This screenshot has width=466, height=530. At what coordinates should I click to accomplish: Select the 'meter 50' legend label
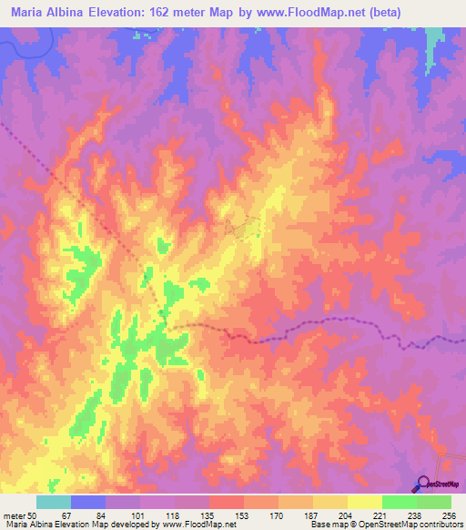(x=24, y=514)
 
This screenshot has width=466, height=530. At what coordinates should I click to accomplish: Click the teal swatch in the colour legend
(x=54, y=502)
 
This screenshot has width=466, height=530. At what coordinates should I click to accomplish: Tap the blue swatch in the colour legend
(x=88, y=502)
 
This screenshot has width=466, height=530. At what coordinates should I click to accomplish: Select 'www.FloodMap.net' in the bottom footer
(x=193, y=525)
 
